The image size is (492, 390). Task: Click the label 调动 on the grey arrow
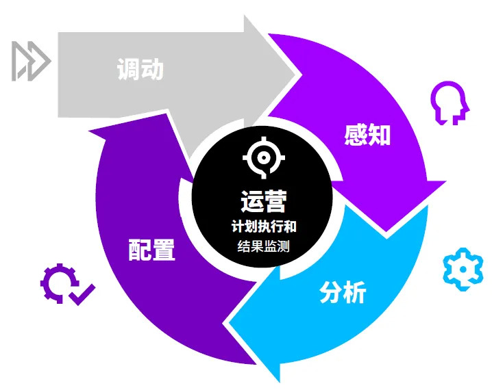point(140,69)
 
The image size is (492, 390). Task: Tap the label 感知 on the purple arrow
point(367,135)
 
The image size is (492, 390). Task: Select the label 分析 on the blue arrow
point(343,292)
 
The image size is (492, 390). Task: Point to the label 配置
point(151,250)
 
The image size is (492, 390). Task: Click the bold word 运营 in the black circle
point(264,201)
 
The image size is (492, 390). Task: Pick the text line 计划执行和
point(264,226)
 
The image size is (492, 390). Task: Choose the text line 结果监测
point(264,246)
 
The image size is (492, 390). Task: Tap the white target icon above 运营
point(264,157)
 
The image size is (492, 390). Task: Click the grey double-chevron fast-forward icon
point(31,61)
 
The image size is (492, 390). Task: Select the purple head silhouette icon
point(450,103)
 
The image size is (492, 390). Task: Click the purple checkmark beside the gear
point(82,294)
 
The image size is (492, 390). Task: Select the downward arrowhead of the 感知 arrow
point(386,231)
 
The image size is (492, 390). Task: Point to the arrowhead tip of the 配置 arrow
point(90,130)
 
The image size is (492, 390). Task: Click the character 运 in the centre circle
point(252,201)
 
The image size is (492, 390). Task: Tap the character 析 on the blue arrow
point(355,292)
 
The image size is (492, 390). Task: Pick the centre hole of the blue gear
point(463,270)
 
